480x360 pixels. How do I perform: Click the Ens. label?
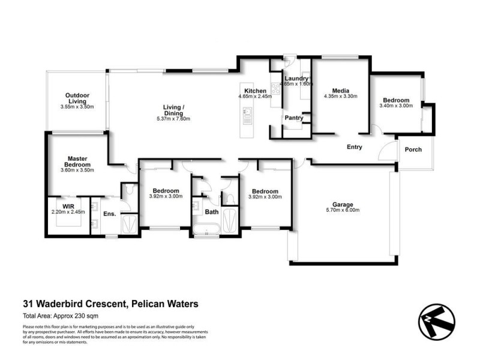tap(109, 213)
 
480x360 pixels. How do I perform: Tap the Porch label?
tap(413, 149)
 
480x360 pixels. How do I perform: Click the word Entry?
tap(355, 147)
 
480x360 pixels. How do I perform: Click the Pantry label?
tap(293, 118)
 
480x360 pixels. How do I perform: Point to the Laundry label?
tap(296, 79)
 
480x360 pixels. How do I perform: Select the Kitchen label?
tap(255, 91)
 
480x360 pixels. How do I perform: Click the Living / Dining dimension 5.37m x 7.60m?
tap(173, 119)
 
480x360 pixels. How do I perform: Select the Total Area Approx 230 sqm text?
tap(60, 316)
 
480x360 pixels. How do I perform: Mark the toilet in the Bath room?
tap(230, 198)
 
